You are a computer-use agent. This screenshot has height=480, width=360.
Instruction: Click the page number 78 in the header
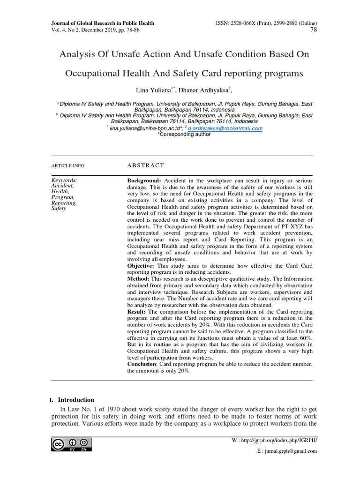point(314,30)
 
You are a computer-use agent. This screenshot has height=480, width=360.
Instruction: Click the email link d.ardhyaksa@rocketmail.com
point(225,128)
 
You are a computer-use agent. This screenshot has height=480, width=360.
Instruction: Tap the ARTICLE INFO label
point(67,166)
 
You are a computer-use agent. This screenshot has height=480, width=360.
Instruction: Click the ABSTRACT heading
point(145,165)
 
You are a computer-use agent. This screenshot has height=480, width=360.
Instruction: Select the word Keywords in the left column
point(64,180)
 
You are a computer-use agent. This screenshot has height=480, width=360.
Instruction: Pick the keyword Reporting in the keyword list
point(63,203)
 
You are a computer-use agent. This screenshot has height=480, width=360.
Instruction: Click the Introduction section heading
point(75,400)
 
